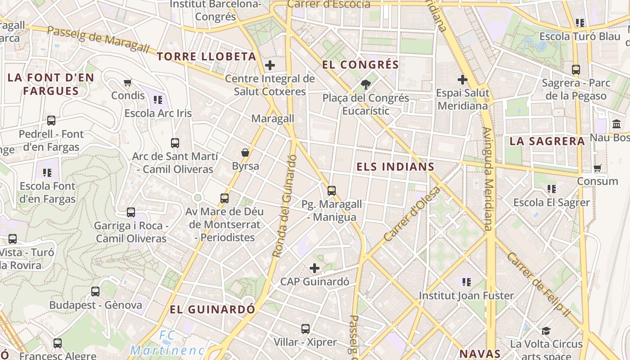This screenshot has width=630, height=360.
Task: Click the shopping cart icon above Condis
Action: point(128,82)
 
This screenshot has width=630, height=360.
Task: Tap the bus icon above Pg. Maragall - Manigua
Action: point(332,190)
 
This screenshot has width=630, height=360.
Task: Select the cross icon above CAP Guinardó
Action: point(315,269)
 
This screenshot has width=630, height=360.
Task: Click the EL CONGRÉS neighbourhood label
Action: point(360,65)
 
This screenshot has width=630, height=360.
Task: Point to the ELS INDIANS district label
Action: point(396,167)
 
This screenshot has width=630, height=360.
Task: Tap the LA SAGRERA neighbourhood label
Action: point(547,141)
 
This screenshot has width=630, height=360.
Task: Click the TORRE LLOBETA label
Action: point(207,57)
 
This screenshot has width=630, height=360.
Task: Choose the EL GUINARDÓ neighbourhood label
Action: point(212,310)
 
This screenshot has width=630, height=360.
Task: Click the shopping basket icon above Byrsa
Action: point(245,153)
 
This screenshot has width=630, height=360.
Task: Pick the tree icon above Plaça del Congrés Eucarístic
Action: point(366,84)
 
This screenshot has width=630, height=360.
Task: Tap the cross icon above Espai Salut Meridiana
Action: point(462,80)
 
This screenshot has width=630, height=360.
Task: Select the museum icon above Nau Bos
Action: point(616,124)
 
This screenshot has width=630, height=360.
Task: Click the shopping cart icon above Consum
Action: point(598,168)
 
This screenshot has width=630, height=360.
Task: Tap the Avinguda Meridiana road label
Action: point(489,179)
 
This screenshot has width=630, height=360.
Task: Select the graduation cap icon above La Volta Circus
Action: point(546,331)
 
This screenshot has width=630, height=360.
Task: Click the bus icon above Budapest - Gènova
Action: point(95,291)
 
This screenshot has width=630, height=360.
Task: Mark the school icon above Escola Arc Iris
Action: point(157,99)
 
